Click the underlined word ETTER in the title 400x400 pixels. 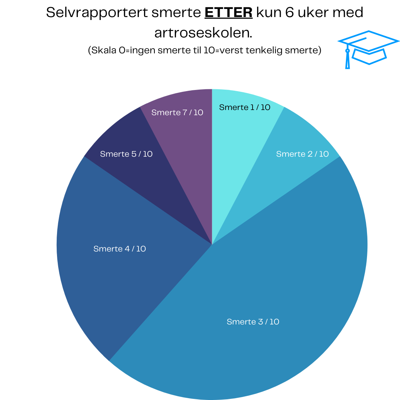pos(229,13)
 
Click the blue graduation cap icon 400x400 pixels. pos(369,48)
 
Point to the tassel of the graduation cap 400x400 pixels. pos(347,59)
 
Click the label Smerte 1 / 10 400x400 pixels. pos(245,107)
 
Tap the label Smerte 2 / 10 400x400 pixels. pos(302,154)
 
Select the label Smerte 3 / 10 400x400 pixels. pos(253,322)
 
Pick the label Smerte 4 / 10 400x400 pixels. pos(120,249)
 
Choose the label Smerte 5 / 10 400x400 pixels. pos(126,154)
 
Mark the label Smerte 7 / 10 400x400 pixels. pos(177,113)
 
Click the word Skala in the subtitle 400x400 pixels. pos(103,50)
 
